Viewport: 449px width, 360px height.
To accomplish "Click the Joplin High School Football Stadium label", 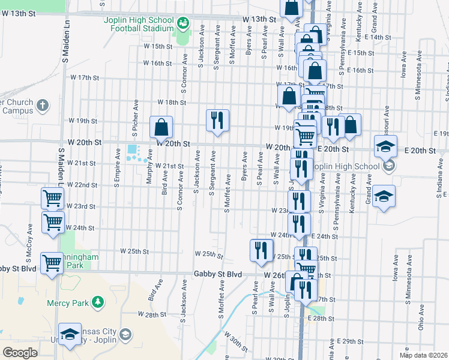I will click(x=137, y=24).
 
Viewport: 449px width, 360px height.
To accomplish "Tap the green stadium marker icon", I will click(x=183, y=24).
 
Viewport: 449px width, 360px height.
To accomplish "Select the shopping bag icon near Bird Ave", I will click(x=161, y=127).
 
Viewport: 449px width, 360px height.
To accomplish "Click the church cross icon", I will click(x=41, y=106).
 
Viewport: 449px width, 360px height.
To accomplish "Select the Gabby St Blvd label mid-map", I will click(x=217, y=274).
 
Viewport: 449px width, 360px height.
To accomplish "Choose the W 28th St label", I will click(x=151, y=314).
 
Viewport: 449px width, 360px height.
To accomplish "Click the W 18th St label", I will click(x=172, y=103).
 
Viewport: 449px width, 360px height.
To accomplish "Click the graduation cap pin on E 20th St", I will click(x=385, y=146).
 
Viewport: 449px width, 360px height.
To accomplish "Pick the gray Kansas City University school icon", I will click(x=125, y=334).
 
